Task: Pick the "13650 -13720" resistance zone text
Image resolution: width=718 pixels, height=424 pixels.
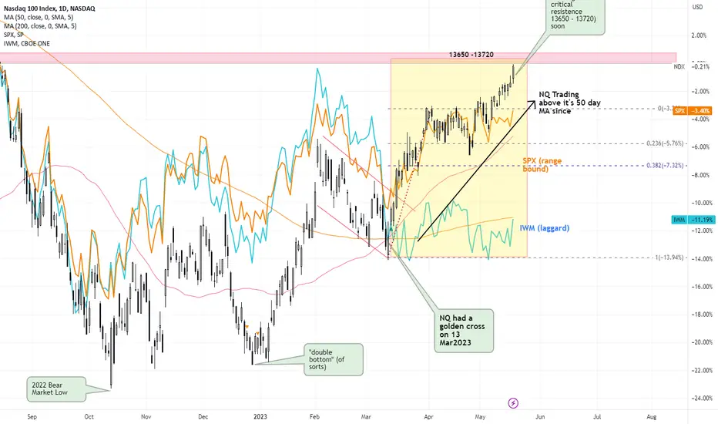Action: [x=477, y=56]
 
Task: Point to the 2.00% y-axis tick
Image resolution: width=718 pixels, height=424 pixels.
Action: [x=699, y=35]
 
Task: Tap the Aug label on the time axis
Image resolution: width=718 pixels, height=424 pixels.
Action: [x=652, y=414]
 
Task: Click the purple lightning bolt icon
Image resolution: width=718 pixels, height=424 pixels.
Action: [x=514, y=402]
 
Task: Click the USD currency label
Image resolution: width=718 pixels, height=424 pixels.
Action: [x=699, y=7]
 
